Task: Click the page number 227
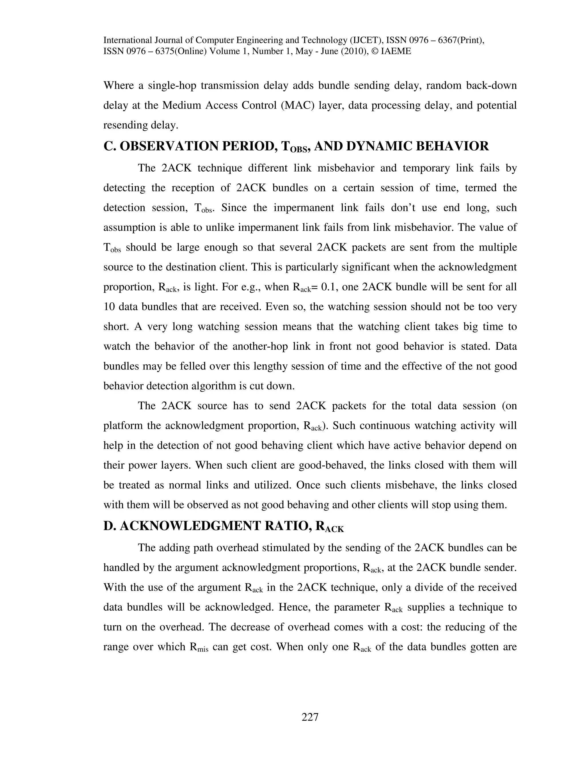click(x=310, y=717)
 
